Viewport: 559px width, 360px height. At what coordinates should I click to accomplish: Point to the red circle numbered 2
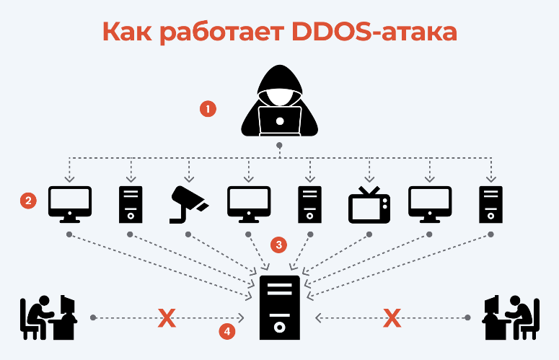[x=28, y=201]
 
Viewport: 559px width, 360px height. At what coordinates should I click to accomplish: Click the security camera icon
[x=188, y=202]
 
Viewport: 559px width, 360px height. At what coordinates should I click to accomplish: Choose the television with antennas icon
[x=369, y=203]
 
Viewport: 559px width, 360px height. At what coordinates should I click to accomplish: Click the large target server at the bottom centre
[x=280, y=308]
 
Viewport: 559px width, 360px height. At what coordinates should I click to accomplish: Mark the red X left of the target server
[x=167, y=317]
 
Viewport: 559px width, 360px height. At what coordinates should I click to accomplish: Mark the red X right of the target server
[x=392, y=317]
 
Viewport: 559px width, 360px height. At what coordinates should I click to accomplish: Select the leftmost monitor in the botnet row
[x=69, y=202]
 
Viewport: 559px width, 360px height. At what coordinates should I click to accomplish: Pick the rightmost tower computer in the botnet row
[x=490, y=203]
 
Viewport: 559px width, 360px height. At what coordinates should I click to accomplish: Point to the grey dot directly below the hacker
[x=280, y=146]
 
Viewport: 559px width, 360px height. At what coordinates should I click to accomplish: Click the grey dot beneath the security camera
[x=188, y=234]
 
